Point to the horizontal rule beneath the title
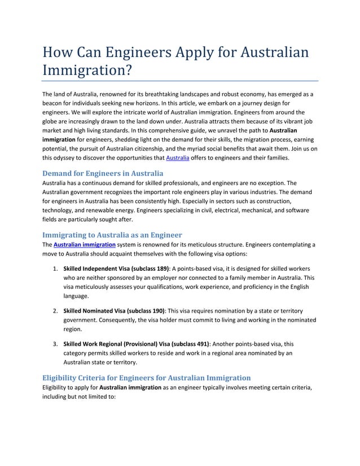pyautogui.click(x=180, y=81)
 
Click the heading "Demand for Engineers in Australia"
pyautogui.click(x=103, y=173)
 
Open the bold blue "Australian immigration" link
pyautogui.click(x=85, y=245)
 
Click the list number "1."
pyautogui.click(x=56, y=268)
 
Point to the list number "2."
pyautogui.click(x=56, y=311)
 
